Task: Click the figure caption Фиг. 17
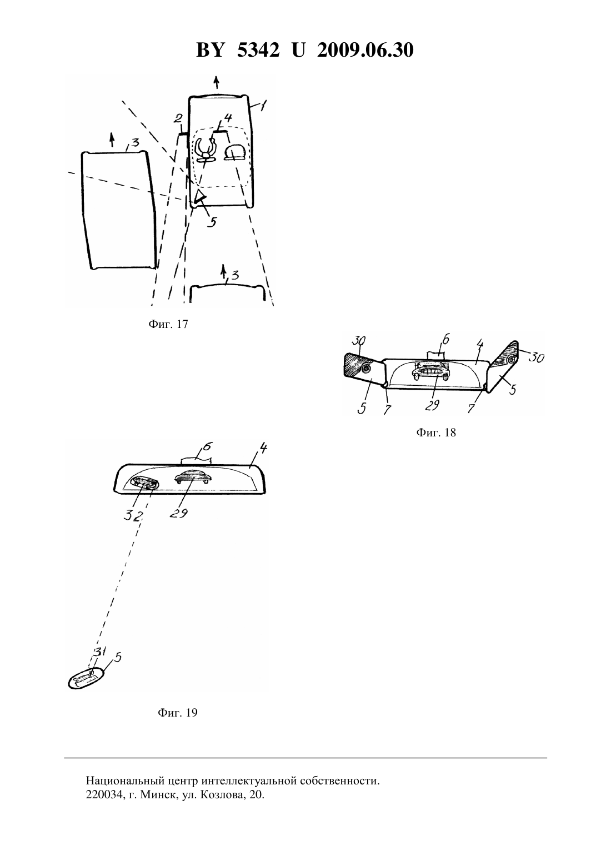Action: [x=168, y=324]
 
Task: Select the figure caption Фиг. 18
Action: [x=436, y=432]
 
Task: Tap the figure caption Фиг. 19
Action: [x=177, y=713]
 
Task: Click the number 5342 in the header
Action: [x=258, y=50]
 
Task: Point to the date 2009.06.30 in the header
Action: [x=365, y=50]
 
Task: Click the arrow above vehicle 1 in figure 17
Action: [x=217, y=82]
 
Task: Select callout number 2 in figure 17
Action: [x=177, y=118]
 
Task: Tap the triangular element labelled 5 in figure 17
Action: [x=199, y=196]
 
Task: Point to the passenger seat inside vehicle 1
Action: [x=235, y=151]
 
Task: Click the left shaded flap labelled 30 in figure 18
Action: [x=357, y=365]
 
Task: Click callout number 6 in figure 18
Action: [x=445, y=340]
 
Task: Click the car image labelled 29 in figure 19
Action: [x=193, y=478]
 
